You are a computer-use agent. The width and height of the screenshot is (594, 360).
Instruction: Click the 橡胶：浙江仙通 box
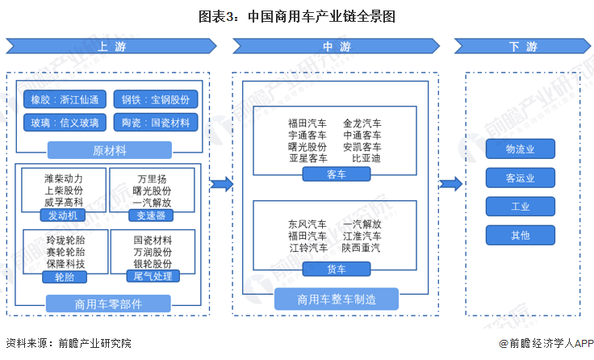click(65, 99)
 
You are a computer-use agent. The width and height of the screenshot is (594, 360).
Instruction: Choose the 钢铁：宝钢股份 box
click(155, 99)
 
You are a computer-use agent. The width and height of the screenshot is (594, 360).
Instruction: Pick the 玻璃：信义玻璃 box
click(65, 123)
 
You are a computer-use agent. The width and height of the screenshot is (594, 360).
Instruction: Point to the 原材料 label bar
click(110, 150)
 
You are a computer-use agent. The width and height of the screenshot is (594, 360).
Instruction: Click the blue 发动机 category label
click(62, 216)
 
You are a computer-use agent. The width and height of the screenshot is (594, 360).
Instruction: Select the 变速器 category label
click(152, 216)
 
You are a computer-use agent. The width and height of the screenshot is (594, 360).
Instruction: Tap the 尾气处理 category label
click(152, 276)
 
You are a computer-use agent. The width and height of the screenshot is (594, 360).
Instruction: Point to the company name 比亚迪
click(366, 159)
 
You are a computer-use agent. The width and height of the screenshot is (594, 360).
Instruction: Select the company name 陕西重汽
click(361, 248)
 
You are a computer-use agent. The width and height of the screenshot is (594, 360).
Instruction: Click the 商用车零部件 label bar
click(110, 303)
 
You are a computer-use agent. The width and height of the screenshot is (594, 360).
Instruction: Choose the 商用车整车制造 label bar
click(336, 299)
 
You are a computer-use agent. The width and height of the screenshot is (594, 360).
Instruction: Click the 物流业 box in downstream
click(520, 149)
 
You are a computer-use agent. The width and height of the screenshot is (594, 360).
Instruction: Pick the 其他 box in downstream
click(520, 236)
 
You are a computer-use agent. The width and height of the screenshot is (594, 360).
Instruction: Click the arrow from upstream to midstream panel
click(220, 185)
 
